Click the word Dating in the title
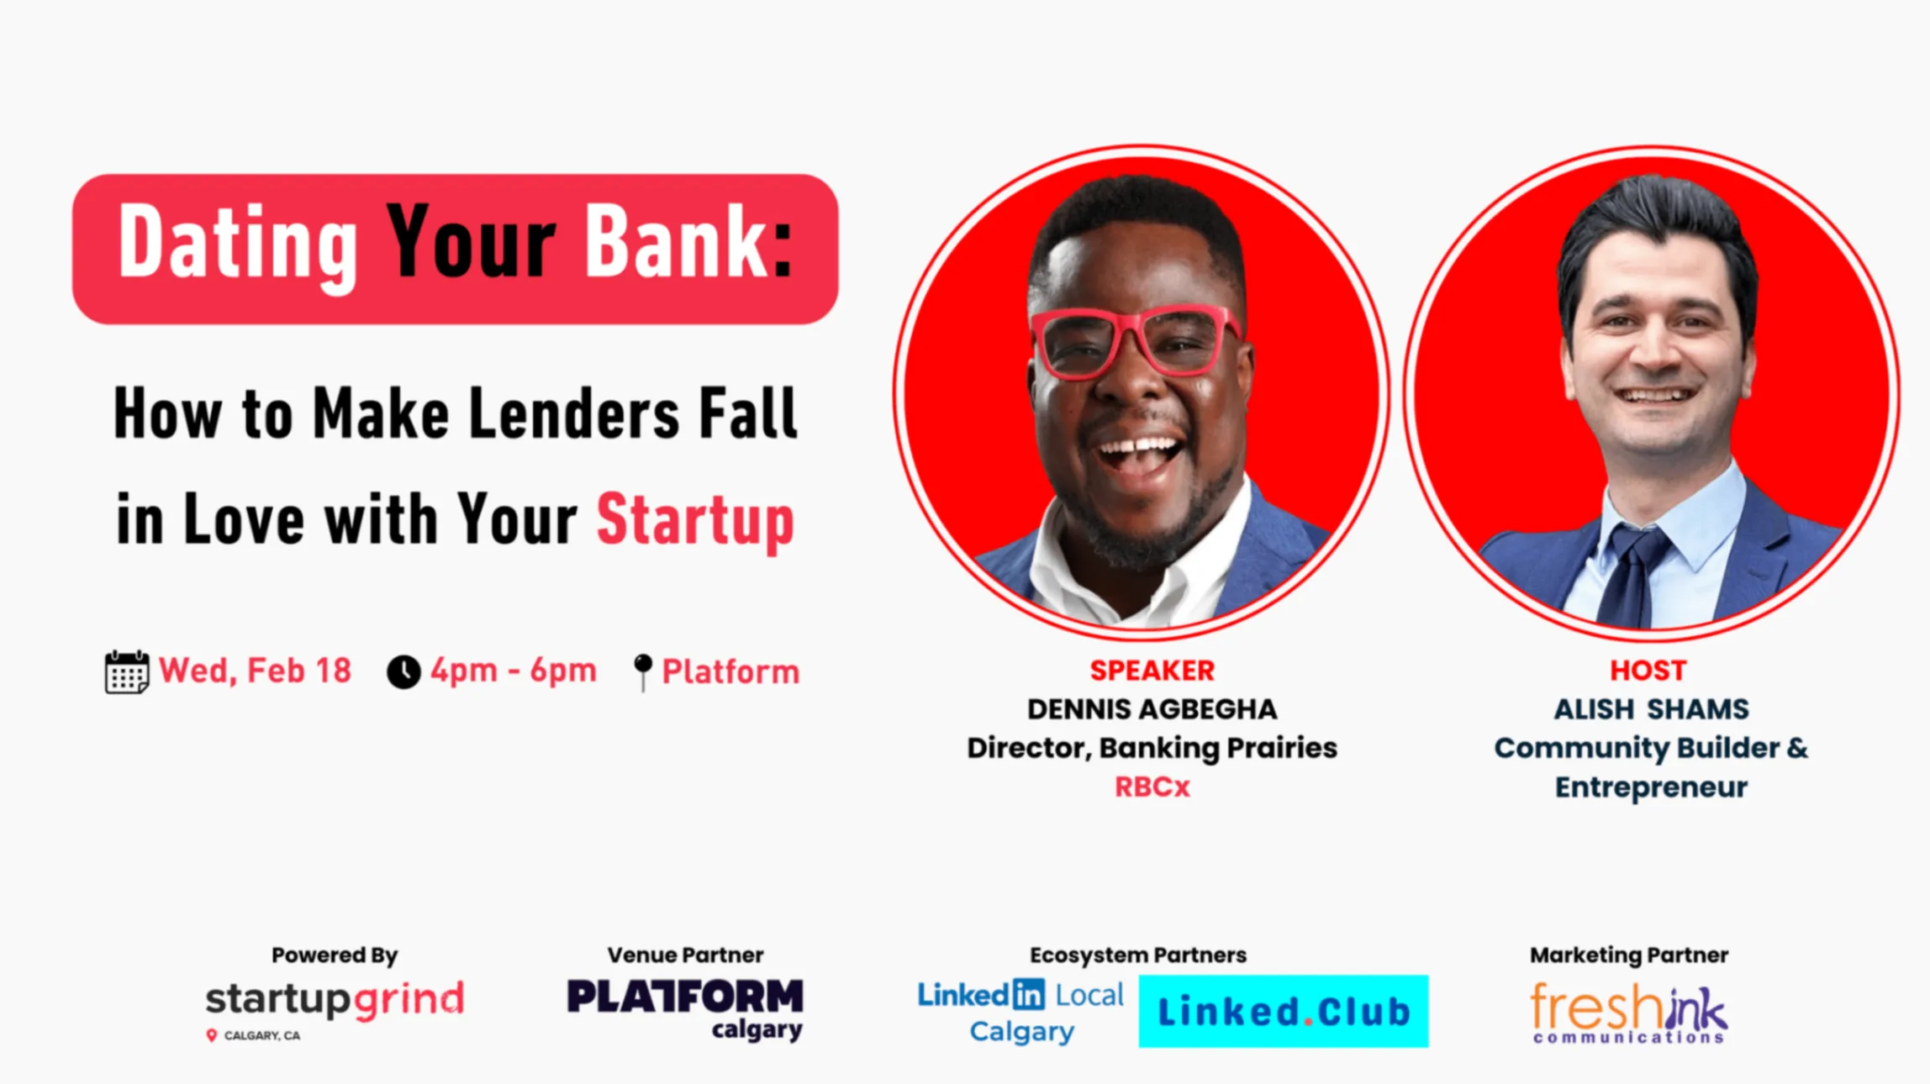point(238,245)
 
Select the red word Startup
point(695,521)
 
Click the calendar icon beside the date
point(127,671)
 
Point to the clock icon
point(403,672)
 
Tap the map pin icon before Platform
point(643,672)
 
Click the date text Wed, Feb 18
point(256,671)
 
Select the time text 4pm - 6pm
point(514,671)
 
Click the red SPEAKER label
point(1152,671)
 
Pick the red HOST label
point(1648,671)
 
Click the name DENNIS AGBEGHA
point(1152,709)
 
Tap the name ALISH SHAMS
point(1651,709)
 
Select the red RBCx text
point(1152,787)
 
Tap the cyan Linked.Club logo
point(1284,1012)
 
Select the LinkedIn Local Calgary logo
point(1020,1012)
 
